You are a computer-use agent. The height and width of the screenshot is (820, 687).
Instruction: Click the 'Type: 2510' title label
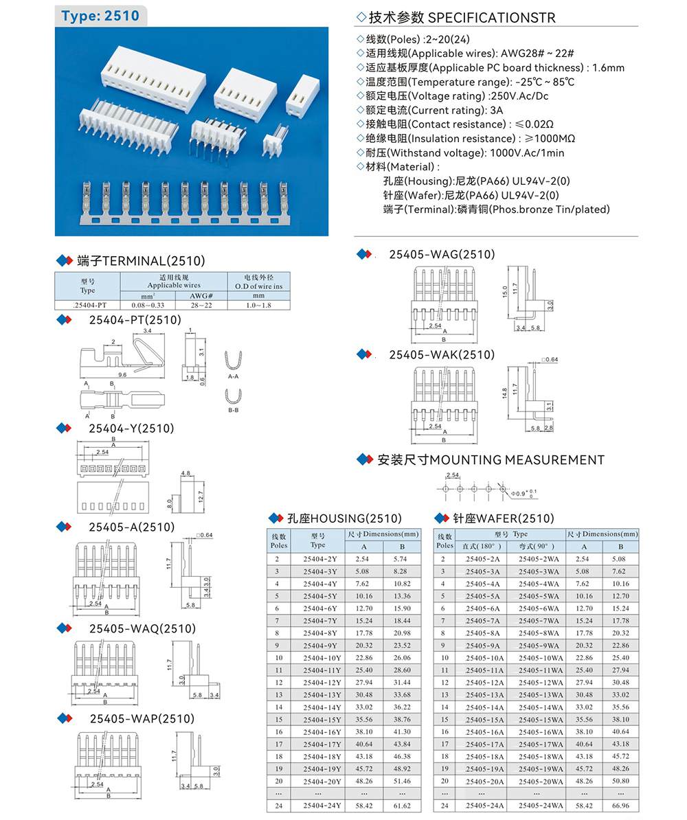100,16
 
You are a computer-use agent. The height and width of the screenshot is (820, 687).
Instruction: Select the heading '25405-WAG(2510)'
442,255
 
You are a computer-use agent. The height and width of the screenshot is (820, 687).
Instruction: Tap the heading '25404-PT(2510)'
135,320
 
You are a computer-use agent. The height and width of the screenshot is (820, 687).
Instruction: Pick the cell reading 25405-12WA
540,682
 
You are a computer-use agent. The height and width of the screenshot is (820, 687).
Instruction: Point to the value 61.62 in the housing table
401,805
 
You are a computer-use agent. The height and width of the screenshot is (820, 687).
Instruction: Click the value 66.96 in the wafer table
620,805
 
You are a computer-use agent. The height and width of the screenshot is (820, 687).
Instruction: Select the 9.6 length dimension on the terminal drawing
122,375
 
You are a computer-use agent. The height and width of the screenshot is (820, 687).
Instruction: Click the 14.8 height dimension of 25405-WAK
504,394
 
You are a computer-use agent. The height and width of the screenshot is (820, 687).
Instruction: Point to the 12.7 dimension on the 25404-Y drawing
199,495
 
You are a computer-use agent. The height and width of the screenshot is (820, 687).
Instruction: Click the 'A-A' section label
234,376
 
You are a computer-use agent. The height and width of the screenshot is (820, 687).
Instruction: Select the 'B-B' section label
234,411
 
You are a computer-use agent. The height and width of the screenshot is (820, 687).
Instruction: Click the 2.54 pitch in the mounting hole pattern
452,475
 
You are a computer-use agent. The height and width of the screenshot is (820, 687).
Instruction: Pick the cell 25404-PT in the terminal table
87,304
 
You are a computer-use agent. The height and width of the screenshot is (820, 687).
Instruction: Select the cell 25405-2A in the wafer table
482,559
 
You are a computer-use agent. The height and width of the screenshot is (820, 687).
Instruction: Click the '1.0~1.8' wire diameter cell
258,304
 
